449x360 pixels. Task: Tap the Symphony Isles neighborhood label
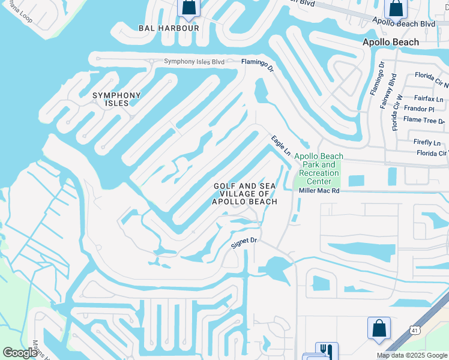coord(116,99)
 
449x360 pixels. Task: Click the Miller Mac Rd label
coord(319,191)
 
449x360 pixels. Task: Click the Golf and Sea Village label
coord(246,194)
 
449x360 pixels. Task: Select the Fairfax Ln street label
coord(429,98)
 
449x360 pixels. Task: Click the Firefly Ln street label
coord(427,142)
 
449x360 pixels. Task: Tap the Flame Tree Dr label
coord(424,120)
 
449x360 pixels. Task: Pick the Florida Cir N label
coord(431,76)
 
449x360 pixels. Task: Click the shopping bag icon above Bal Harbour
coord(188,7)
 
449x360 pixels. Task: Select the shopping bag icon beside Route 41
coord(379,328)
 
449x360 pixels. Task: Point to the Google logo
coord(20,353)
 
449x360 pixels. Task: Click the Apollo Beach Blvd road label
coord(403,23)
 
